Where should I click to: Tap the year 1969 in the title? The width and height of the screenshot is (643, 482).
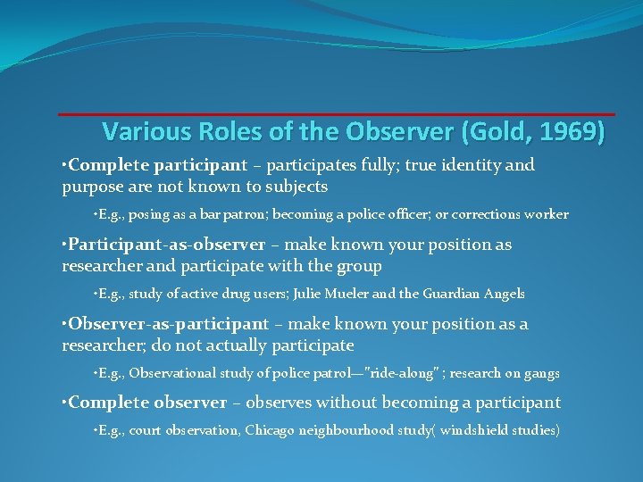[x=569, y=132]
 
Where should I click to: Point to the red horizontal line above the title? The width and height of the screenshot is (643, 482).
[x=337, y=114]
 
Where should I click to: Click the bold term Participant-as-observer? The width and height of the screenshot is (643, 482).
[x=167, y=245]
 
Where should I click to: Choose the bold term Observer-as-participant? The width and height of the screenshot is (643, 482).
[x=168, y=324]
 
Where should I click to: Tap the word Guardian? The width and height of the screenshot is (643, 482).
[x=458, y=294]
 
